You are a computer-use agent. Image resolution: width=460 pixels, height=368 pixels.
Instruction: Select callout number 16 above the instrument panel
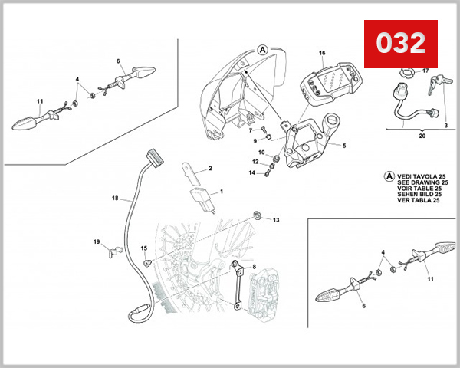pos(322,54)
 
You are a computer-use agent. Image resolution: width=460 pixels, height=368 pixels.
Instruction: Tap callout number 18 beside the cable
pos(115,199)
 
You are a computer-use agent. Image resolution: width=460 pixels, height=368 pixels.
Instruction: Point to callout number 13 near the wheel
pos(276,220)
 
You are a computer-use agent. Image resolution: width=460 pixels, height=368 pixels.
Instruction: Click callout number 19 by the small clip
pos(97,242)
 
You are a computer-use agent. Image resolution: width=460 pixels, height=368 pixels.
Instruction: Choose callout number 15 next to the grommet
pos(143,248)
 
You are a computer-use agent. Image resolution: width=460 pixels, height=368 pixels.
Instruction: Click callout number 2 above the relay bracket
pos(210,168)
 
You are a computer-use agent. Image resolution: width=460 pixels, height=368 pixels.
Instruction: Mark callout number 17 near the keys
pos(426,71)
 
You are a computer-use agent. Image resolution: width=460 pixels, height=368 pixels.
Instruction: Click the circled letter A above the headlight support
pos(263,48)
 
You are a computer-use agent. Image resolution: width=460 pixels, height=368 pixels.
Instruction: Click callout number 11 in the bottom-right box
pos(430,278)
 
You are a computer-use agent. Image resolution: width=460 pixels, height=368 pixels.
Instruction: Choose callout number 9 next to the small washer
pos(255,140)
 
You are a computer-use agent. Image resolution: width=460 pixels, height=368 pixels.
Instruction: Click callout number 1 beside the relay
pos(222,191)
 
